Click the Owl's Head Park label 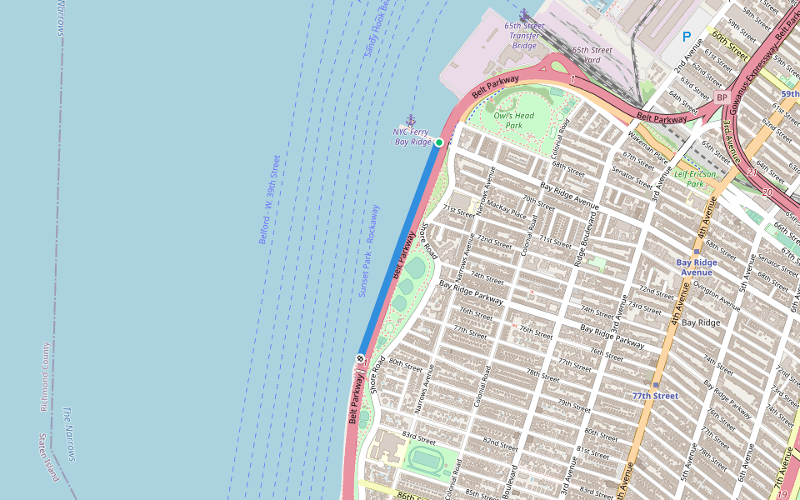pyautogui.click(x=513, y=121)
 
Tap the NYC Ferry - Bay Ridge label pyautogui.click(x=412, y=137)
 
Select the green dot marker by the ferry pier pyautogui.click(x=439, y=142)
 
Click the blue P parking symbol pyautogui.click(x=687, y=37)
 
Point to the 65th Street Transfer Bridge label pyautogui.click(x=524, y=35)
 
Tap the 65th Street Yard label pyautogui.click(x=592, y=55)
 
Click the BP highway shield pyautogui.click(x=722, y=97)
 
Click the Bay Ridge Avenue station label pyautogui.click(x=697, y=267)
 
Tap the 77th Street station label pyautogui.click(x=655, y=396)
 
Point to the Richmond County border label pyautogui.click(x=46, y=377)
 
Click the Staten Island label pyautogui.click(x=47, y=457)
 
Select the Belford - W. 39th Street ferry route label pyautogui.click(x=268, y=199)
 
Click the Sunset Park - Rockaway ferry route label pyautogui.click(x=368, y=251)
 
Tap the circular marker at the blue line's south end pyautogui.click(x=360, y=358)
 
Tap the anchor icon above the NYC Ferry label pyautogui.click(x=410, y=120)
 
